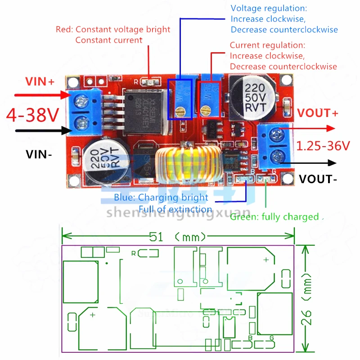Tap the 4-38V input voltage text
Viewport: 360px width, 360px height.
pyautogui.click(x=32, y=116)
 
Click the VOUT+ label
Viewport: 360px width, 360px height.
pyautogui.click(x=318, y=113)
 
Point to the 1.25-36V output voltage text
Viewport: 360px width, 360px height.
pyautogui.click(x=323, y=146)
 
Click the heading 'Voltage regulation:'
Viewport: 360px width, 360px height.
pyautogui.click(x=269, y=9)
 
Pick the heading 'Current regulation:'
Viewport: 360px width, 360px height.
pyautogui.click(x=267, y=45)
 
